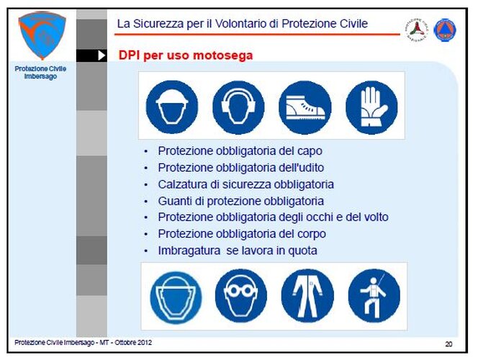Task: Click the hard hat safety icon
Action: click(x=172, y=107)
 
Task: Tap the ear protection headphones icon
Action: click(x=238, y=107)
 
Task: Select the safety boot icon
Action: click(x=305, y=107)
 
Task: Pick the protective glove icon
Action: click(x=371, y=107)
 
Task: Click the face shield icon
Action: click(x=176, y=297)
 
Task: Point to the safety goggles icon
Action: click(x=241, y=295)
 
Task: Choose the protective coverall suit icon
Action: click(x=307, y=295)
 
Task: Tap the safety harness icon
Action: click(x=374, y=295)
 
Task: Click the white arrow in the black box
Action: click(x=102, y=55)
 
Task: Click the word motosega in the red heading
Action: click(x=223, y=55)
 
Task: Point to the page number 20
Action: click(x=448, y=344)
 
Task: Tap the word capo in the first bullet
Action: click(x=309, y=151)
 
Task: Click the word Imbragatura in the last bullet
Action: click(x=189, y=251)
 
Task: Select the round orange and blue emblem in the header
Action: click(x=445, y=30)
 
